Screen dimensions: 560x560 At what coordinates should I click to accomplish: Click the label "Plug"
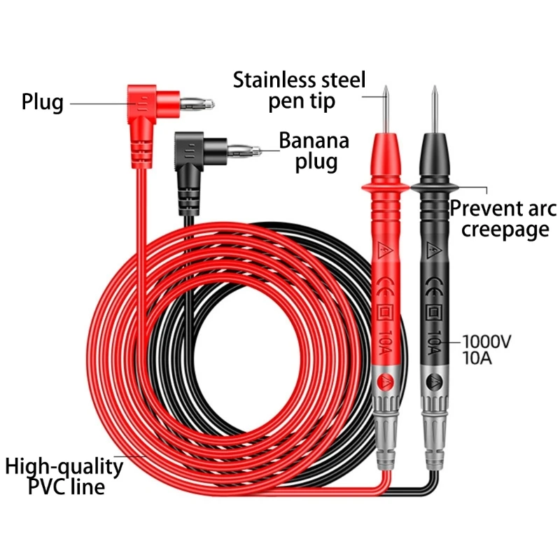click(42, 102)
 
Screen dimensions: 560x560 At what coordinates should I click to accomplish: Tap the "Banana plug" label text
click(314, 150)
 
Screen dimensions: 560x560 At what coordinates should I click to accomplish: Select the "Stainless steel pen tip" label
click(300, 90)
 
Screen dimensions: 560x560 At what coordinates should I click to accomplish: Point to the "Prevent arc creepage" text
click(503, 218)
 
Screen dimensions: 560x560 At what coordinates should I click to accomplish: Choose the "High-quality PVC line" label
click(64, 476)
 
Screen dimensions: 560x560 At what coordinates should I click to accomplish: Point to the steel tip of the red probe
click(385, 105)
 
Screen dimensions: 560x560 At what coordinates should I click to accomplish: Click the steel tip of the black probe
click(434, 105)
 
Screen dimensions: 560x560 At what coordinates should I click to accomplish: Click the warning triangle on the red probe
click(384, 249)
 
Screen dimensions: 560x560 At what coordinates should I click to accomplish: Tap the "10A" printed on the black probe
click(433, 343)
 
